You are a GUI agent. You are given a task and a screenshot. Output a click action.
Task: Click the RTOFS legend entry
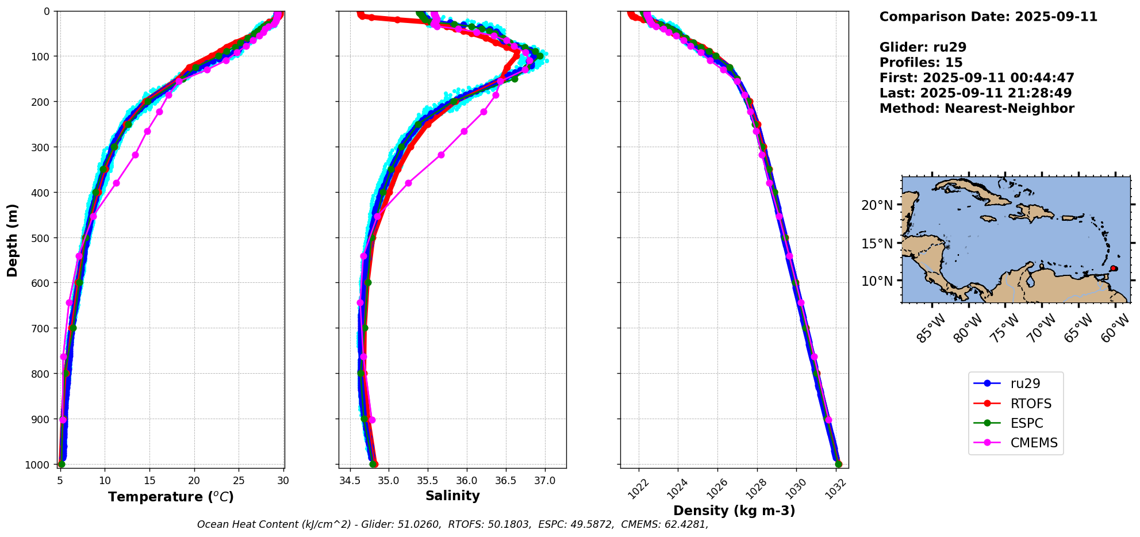1030,404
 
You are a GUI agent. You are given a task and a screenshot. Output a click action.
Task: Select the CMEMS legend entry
1034,443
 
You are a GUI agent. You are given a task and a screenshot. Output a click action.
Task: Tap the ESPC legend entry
1026,423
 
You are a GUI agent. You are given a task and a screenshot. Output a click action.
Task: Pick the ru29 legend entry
1025,383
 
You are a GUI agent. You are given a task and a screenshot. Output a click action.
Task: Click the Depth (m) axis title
12,240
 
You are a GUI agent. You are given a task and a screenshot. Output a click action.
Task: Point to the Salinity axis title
452,496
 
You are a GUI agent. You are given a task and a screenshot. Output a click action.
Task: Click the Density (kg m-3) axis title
734,511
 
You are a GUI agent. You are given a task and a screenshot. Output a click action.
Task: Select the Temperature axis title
171,497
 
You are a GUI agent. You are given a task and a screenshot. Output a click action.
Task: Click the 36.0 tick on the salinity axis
466,481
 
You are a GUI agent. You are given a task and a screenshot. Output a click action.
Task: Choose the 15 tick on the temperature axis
149,481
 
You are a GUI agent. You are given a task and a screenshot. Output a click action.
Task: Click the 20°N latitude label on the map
877,205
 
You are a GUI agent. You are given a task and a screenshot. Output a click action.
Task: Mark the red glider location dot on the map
1114,268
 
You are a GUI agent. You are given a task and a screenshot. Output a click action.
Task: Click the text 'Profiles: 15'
920,63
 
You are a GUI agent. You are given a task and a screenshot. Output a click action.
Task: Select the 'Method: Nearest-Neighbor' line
976,109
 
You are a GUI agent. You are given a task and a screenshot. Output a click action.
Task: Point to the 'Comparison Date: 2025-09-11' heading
988,17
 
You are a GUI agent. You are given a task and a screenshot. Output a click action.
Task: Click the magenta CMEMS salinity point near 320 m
441,155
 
